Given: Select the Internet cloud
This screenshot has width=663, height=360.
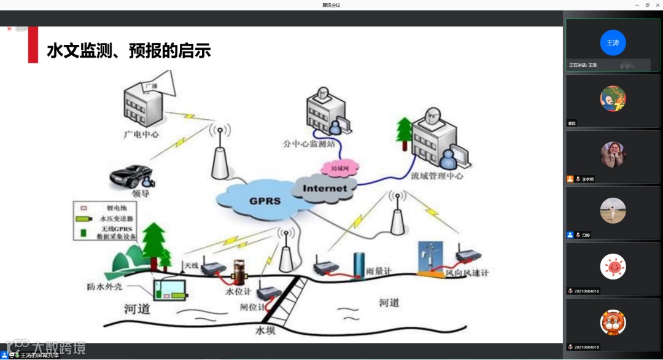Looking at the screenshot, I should [x=325, y=189].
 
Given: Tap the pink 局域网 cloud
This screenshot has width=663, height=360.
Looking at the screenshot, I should [x=339, y=167].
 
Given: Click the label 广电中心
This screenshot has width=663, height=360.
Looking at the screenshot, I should [x=141, y=133].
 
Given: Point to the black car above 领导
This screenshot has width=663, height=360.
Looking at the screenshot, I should [x=131, y=176].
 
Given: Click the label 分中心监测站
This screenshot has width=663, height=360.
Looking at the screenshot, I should [x=309, y=145].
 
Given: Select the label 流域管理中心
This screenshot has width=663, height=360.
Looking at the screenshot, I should [x=437, y=176].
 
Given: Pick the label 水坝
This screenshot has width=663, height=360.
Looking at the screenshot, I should [x=268, y=331].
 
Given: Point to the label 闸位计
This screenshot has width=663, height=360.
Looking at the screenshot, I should [x=252, y=307].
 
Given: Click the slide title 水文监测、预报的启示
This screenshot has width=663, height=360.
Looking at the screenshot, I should [x=129, y=51].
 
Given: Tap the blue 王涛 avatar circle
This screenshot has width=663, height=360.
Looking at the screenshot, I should [x=613, y=42].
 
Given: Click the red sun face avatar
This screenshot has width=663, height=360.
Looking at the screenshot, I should [x=613, y=266].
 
